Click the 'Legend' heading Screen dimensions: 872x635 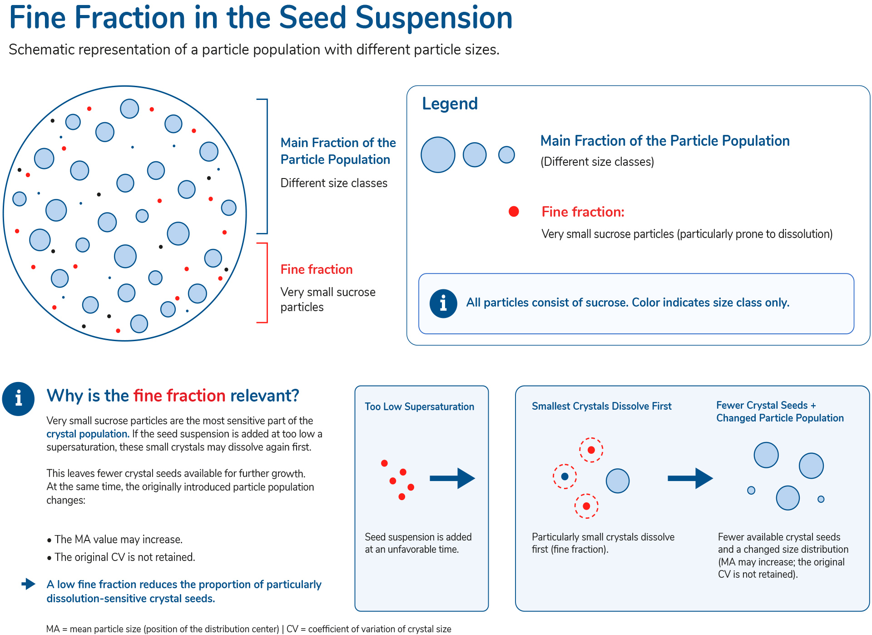pyautogui.click(x=450, y=104)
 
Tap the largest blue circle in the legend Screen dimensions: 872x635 pyautogui.click(x=438, y=155)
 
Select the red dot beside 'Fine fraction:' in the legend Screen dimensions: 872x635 pyautogui.click(x=514, y=211)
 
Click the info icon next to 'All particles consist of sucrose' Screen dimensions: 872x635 pyautogui.click(x=443, y=303)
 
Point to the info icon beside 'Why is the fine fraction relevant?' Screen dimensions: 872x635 pyautogui.click(x=18, y=399)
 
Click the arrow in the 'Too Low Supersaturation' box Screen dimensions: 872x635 pyautogui.click(x=452, y=478)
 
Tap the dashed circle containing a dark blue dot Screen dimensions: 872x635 pyautogui.click(x=565, y=476)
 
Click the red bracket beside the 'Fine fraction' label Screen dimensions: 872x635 pyautogui.click(x=267, y=283)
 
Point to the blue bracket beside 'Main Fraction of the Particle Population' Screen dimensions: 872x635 pyautogui.click(x=267, y=166)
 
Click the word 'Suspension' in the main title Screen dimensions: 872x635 pyautogui.click(x=434, y=18)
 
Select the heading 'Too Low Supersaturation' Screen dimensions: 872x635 pyautogui.click(x=419, y=407)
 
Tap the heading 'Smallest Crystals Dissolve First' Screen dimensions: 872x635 pyautogui.click(x=601, y=406)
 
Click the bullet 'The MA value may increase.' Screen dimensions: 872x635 pyautogui.click(x=114, y=540)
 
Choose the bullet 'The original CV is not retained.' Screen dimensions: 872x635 pyautogui.click(x=121, y=557)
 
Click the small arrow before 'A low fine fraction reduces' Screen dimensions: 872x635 pyautogui.click(x=29, y=584)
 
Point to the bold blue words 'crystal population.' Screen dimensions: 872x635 pyautogui.click(x=88, y=434)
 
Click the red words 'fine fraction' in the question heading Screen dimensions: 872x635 pyautogui.click(x=179, y=396)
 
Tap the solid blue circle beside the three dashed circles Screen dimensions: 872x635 pyautogui.click(x=618, y=481)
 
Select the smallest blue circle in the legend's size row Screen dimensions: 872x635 pyautogui.click(x=506, y=155)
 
